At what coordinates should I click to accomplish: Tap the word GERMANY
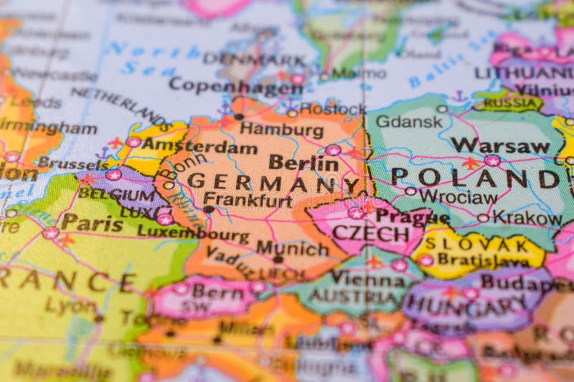point(273,183)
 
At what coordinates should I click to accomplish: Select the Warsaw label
point(500,145)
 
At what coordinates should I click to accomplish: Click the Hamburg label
point(281,130)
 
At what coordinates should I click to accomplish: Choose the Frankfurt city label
point(248,200)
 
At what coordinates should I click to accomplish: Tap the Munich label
point(293,248)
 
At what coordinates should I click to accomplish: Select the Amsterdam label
point(199,147)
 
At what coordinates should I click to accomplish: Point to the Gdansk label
point(409,121)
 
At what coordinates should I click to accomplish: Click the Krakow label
point(527,217)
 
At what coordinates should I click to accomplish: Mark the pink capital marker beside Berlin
point(333,150)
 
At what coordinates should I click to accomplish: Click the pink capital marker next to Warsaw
point(492,161)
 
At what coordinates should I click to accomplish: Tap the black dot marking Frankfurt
point(208,209)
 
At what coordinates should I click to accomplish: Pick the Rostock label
point(332,109)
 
